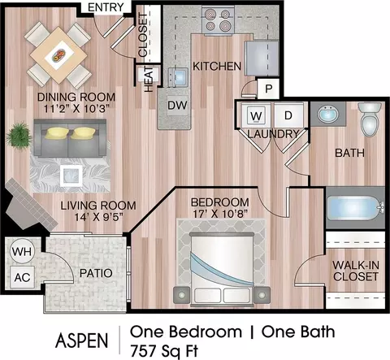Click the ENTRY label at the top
pyautogui.click(x=106, y=7)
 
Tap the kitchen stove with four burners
pyautogui.click(x=218, y=20)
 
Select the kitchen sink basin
pyautogui.click(x=178, y=77)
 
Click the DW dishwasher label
pyautogui.click(x=177, y=105)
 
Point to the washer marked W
pyautogui.click(x=256, y=115)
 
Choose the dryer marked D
pyautogui.click(x=288, y=115)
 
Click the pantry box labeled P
pyautogui.click(x=268, y=89)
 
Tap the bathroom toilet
pyautogui.click(x=370, y=119)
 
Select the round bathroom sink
pyautogui.click(x=328, y=115)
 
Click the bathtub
pyautogui.click(x=355, y=208)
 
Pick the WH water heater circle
pyautogui.click(x=22, y=252)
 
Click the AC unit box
pyautogui.click(x=22, y=277)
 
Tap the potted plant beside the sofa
pyautogui.click(x=19, y=135)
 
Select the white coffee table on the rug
pyautogui.click(x=71, y=176)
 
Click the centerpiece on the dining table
pyautogui.click(x=58, y=55)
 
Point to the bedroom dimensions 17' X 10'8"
pyautogui.click(x=220, y=214)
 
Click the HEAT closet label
pyautogui.click(x=149, y=80)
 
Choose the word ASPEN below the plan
pyautogui.click(x=82, y=340)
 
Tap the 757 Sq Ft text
pyautogui.click(x=164, y=351)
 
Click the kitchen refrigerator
pyautogui.click(x=262, y=58)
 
